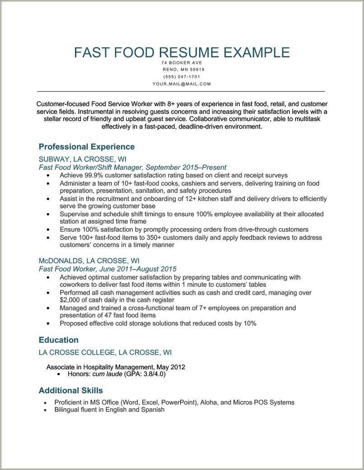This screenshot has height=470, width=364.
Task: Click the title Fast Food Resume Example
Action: pyautogui.click(x=182, y=52)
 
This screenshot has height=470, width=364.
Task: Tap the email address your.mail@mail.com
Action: pyautogui.click(x=182, y=84)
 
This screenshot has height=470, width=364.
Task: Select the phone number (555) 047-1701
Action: pyautogui.click(x=182, y=77)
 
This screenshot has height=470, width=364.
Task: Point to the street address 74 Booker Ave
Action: pyautogui.click(x=182, y=62)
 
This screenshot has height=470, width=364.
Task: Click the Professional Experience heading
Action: pyautogui.click(x=87, y=147)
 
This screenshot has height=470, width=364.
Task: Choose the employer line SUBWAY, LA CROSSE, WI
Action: pyautogui.click(x=82, y=159)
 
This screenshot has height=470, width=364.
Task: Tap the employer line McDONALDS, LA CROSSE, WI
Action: pyautogui.click(x=89, y=261)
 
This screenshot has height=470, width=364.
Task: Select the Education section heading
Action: pyautogui.click(x=59, y=340)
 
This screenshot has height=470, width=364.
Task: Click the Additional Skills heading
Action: pyautogui.click(x=71, y=391)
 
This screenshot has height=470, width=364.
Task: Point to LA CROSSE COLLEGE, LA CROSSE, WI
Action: pyautogui.click(x=105, y=353)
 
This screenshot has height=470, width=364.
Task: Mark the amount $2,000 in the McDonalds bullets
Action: pyautogui.click(x=70, y=299)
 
